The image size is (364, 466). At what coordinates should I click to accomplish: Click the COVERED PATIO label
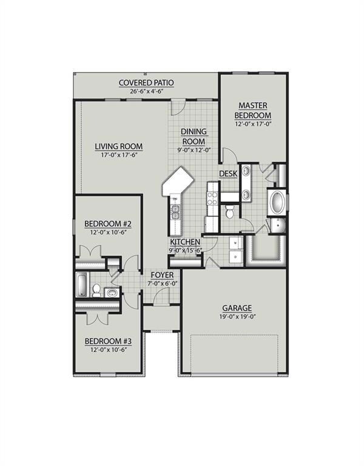pyautogui.click(x=146, y=83)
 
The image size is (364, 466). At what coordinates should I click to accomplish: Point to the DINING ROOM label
pyautogui.click(x=194, y=137)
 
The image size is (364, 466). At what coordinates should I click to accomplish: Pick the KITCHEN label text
pyautogui.click(x=185, y=242)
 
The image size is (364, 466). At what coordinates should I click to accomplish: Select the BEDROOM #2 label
pyautogui.click(x=109, y=224)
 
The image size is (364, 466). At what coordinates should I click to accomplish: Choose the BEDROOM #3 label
pyautogui.click(x=109, y=341)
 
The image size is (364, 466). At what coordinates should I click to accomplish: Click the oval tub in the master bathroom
pyautogui.click(x=276, y=202)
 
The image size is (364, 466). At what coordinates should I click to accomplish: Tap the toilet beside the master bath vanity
pyautogui.click(x=229, y=212)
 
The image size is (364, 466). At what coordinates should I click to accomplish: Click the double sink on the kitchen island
pyautogui.click(x=175, y=211)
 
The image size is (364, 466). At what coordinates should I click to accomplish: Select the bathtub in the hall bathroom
pyautogui.click(x=82, y=285)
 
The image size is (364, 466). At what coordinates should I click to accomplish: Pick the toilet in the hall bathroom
pyautogui.click(x=96, y=291)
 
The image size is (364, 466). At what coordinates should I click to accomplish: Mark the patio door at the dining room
pyautogui.click(x=177, y=107)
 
